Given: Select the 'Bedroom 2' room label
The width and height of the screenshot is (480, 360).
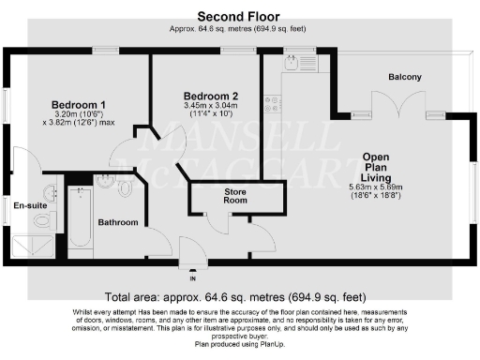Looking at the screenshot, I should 217,96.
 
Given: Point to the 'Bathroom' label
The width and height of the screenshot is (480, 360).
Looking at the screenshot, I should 119,222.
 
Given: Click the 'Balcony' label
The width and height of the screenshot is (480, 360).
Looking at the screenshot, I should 405,77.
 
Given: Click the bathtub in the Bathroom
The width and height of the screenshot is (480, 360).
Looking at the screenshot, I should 79,220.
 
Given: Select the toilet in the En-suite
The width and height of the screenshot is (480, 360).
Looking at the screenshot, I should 40,220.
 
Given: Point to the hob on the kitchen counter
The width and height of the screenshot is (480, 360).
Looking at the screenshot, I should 273,104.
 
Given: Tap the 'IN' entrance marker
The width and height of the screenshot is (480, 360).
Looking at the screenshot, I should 193,278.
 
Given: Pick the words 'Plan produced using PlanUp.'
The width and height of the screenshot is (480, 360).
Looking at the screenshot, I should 239,345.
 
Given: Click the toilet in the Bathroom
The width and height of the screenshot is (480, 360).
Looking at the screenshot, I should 126,187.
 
